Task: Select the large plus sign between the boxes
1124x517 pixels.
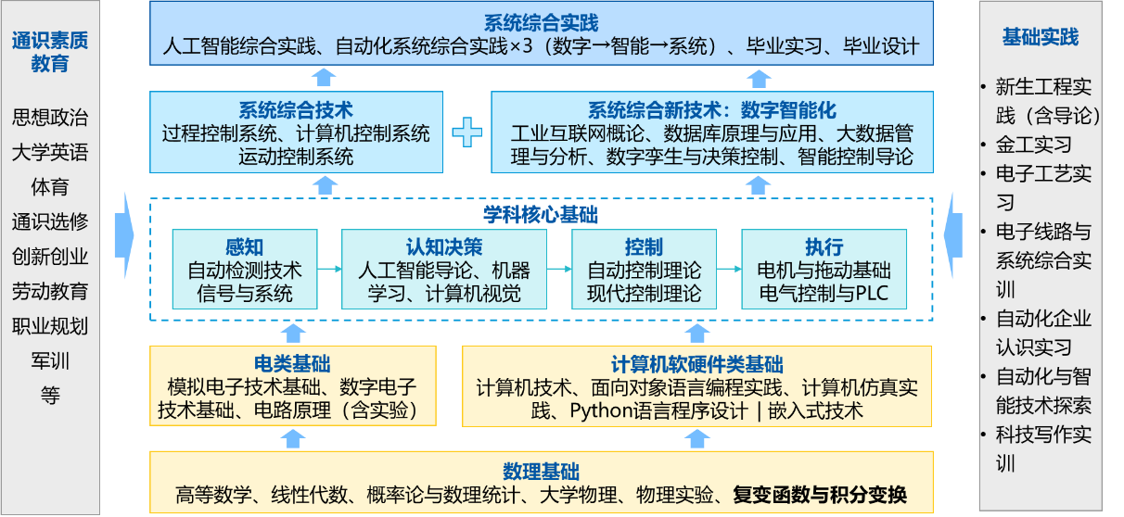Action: (466, 132)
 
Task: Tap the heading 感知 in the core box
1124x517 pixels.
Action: (244, 247)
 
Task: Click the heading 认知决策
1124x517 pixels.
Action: (443, 247)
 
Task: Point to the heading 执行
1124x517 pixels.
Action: (824, 247)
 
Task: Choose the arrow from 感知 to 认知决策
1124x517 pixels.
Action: (327, 270)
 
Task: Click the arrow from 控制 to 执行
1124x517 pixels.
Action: (726, 270)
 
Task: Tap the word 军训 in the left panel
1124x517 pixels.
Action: (50, 360)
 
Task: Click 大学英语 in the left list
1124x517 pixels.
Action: (50, 153)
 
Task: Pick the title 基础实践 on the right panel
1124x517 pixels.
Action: (1041, 38)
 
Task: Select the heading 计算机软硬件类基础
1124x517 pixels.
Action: (696, 364)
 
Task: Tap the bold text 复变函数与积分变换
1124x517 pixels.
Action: (819, 494)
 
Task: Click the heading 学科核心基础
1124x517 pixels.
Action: (541, 215)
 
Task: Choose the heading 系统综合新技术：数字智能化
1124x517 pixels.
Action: (712, 109)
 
